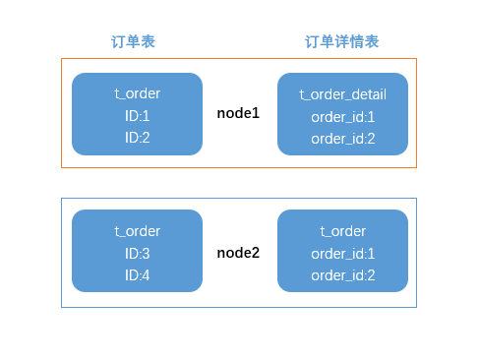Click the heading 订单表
pos(133,41)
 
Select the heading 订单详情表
pos(341,41)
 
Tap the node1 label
pos(238,114)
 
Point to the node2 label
pos(238,253)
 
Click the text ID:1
pos(137,115)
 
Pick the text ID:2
pos(137,137)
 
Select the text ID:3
pos(137,253)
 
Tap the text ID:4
pos(137,274)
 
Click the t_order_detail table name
pos(342,94)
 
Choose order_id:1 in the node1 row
pos(342,116)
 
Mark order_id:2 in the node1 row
pos(342,138)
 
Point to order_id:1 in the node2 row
pos(342,253)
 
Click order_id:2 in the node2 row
pos(342,274)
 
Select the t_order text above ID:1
pos(137,93)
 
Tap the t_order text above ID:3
pos(137,231)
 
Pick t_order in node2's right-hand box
pos(342,231)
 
